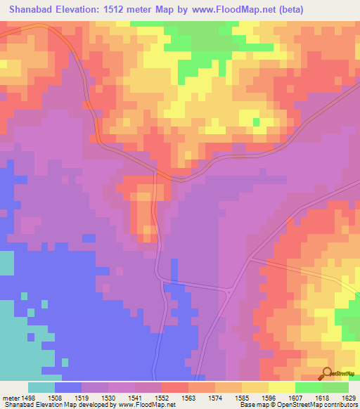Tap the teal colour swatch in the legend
point(41,387)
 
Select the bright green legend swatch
point(309,387)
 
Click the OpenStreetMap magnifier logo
point(327,372)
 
